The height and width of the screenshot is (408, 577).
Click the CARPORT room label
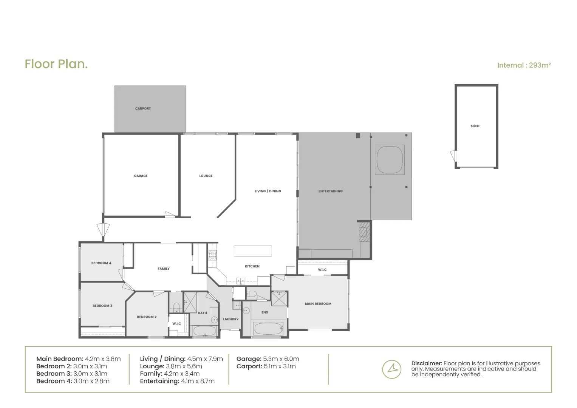coord(143,108)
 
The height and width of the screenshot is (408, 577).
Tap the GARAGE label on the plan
coord(141,176)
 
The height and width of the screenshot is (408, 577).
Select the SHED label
coord(475,126)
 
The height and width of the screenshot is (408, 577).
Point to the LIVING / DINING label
coord(268,191)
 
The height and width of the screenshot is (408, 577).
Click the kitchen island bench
coord(252,251)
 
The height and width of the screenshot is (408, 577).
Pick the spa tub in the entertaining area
coord(390,159)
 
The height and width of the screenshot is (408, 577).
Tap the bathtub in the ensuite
coord(268,329)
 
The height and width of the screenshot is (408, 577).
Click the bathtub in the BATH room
coord(204,331)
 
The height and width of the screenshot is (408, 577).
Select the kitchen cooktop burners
coord(212,256)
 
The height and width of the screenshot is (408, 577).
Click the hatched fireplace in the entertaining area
coord(363,232)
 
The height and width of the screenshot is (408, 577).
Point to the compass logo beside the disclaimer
coord(391,369)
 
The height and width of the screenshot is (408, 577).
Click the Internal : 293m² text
coord(524,65)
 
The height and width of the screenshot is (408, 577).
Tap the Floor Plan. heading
coord(56,64)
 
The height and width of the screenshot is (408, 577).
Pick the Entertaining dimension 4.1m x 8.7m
coord(197,381)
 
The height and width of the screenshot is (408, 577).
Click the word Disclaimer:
coord(427,363)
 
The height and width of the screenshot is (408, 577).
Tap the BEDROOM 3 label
coord(102,306)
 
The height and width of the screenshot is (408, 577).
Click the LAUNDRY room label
coord(230,319)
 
